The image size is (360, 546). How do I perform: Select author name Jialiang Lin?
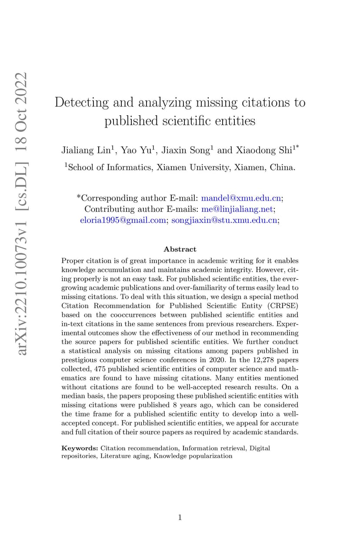86,151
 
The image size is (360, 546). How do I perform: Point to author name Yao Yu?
137,151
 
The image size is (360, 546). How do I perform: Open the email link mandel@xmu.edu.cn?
241,198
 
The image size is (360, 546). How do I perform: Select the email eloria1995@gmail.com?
123,221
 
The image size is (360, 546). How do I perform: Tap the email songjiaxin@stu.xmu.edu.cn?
224,221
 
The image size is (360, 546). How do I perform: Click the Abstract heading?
180,249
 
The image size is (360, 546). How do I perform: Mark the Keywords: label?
80,448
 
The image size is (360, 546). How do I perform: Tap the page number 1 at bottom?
180,517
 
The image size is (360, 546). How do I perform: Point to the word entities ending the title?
235,121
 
